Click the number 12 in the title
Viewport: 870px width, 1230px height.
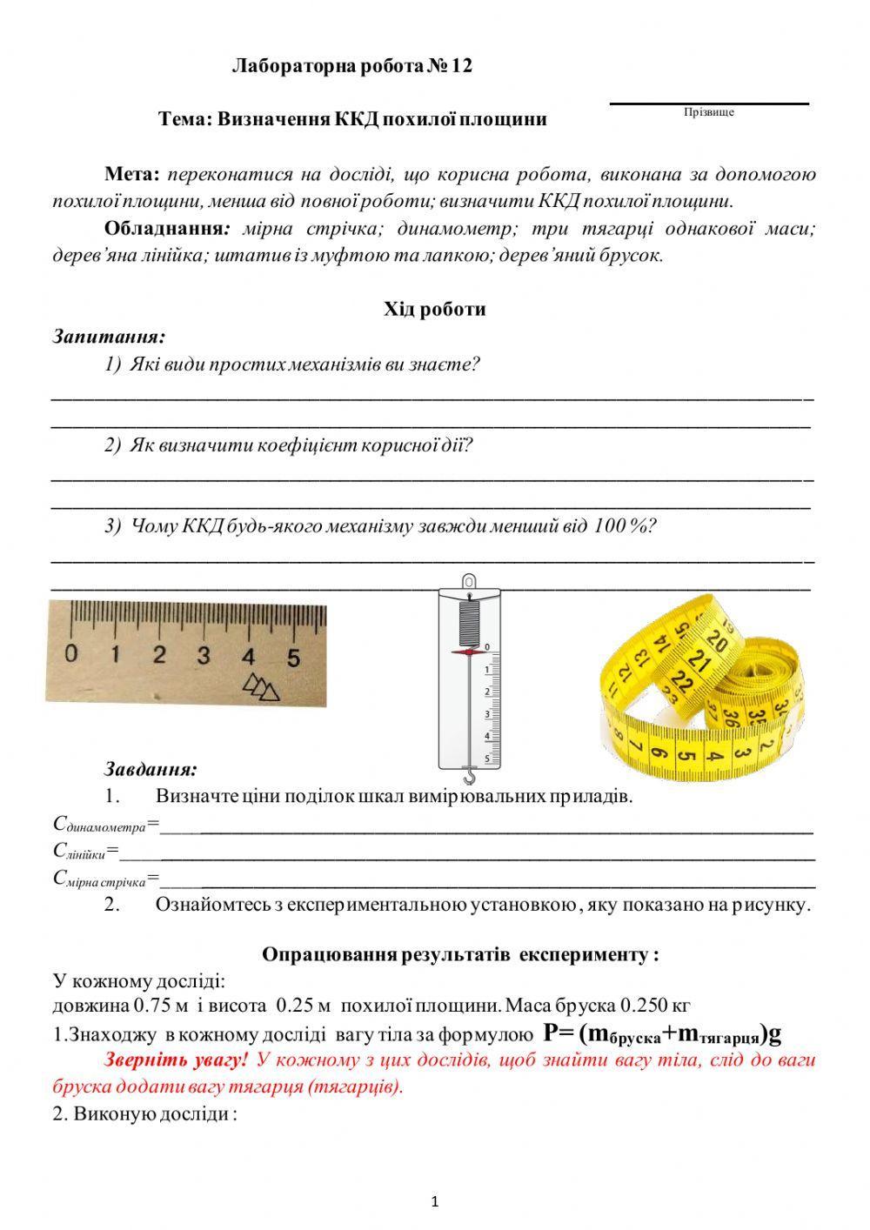click(x=461, y=66)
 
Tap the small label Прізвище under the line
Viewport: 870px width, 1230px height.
click(x=709, y=112)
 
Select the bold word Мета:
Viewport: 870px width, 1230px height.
click(x=131, y=174)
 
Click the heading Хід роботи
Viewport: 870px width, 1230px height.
click(x=435, y=309)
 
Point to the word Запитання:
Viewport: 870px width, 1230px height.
click(x=109, y=336)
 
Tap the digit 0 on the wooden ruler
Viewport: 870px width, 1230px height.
click(x=71, y=653)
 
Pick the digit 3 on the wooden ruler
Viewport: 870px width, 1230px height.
click(x=204, y=654)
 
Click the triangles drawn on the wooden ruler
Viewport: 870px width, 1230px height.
click(x=262, y=687)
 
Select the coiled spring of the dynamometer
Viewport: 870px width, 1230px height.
click(x=468, y=619)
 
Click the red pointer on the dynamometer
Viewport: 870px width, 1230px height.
click(x=467, y=652)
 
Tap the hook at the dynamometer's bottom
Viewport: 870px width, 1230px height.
click(x=468, y=772)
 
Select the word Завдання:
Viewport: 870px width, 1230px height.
click(x=151, y=769)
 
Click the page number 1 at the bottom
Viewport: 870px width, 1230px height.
click(x=435, y=1202)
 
